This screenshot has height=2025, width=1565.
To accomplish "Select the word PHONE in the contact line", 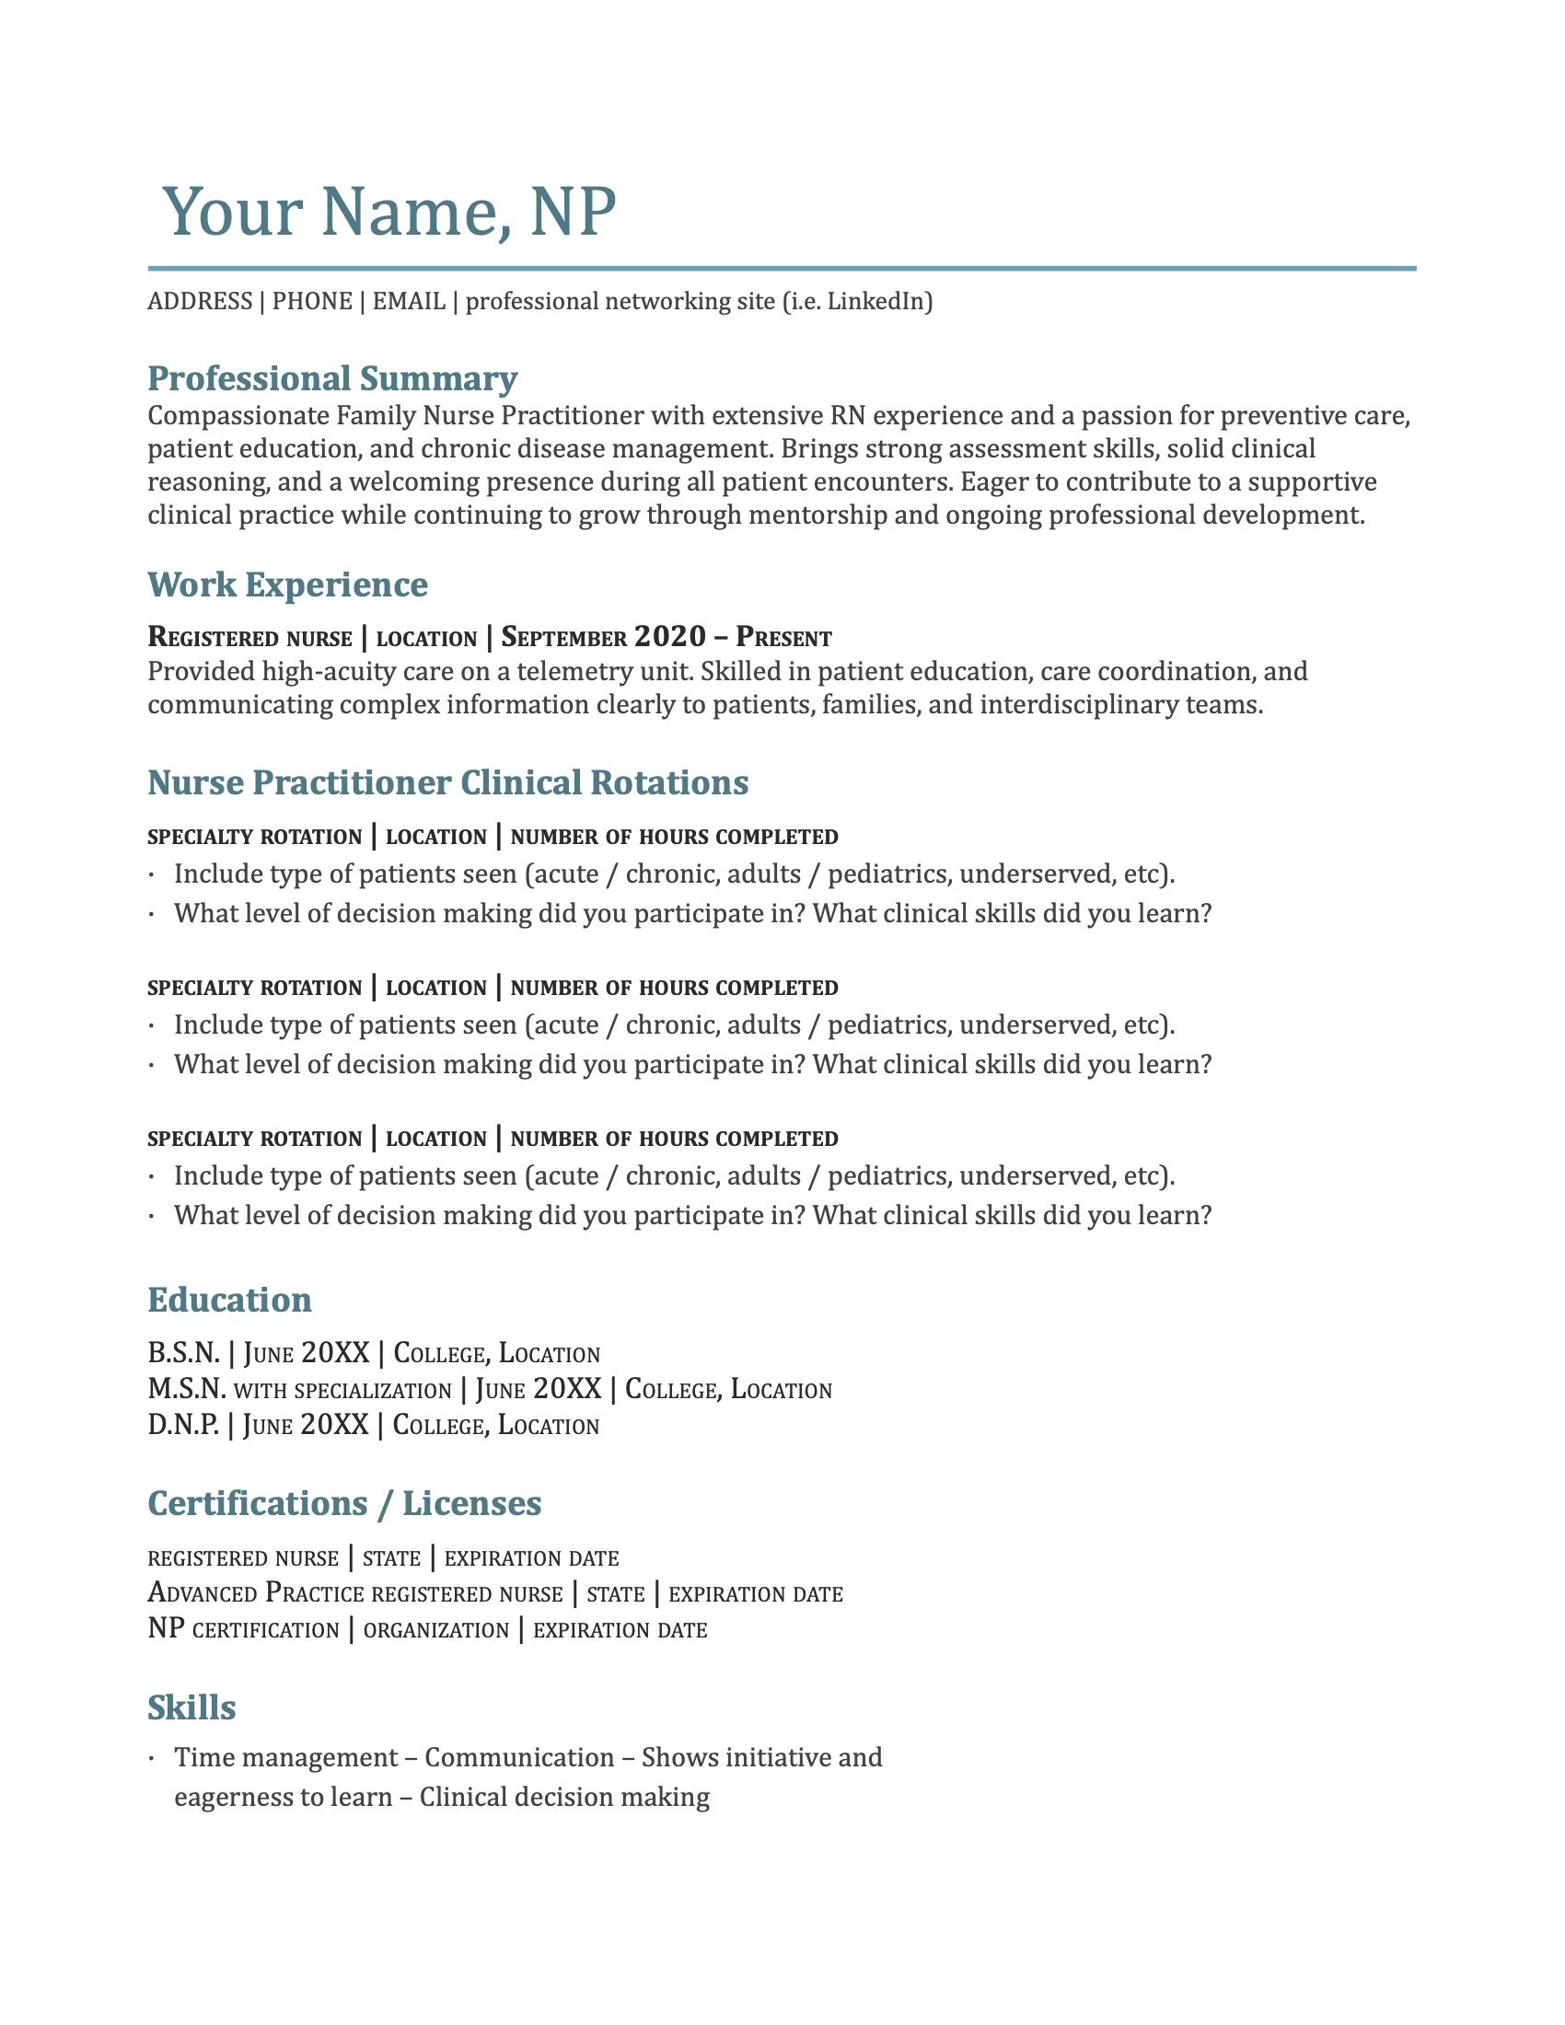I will click(x=311, y=301).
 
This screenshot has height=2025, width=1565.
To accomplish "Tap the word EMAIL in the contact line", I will click(x=408, y=301).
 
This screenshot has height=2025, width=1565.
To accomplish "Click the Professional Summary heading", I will click(x=332, y=378).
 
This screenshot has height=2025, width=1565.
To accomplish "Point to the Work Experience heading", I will click(x=287, y=584).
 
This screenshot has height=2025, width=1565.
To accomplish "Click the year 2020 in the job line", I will click(x=669, y=637).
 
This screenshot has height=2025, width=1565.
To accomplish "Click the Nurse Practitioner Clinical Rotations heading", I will click(x=447, y=782).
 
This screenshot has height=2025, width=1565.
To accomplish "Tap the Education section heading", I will click(x=229, y=1300).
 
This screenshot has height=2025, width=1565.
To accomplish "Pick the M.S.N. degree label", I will click(x=186, y=1389).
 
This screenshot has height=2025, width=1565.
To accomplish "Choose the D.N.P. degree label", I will click(x=183, y=1424).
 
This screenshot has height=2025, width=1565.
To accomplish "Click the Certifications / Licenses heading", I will click(x=344, y=1503).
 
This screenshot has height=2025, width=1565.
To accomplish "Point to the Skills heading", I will click(x=191, y=1707).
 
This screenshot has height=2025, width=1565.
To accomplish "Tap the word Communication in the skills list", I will click(x=519, y=1758).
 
